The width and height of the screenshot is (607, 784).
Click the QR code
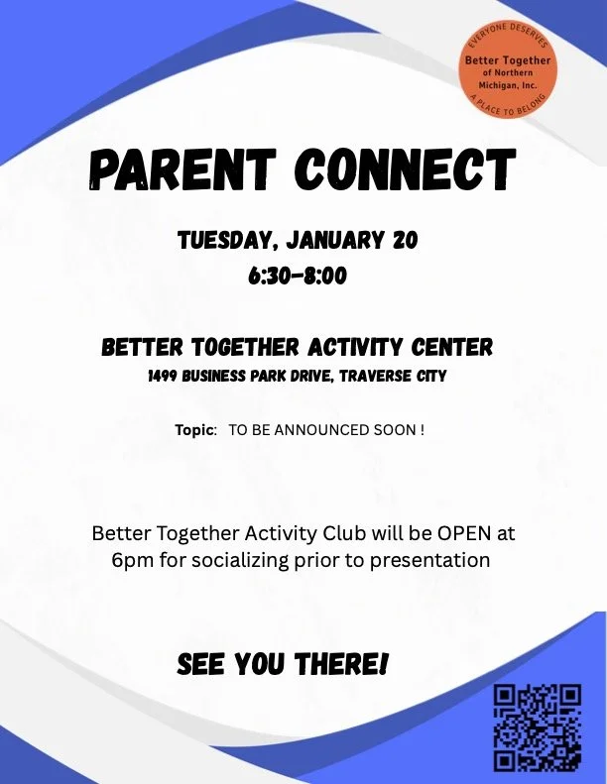[x=537, y=726]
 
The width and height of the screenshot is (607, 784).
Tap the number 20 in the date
[x=405, y=240]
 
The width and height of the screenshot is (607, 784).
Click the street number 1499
[x=166, y=377]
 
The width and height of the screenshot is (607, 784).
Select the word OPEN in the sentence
[x=465, y=533]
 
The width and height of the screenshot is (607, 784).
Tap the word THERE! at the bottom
[x=337, y=664]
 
